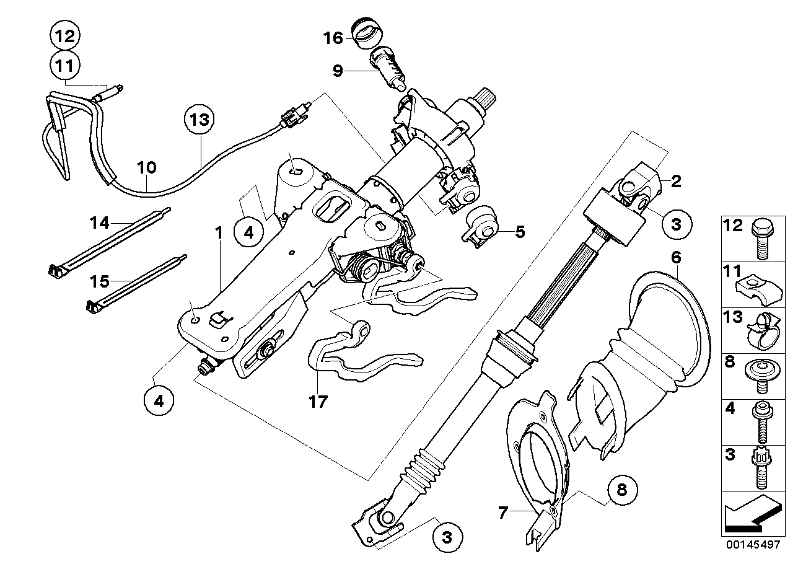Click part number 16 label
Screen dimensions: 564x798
[x=333, y=38]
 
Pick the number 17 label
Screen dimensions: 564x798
[x=320, y=401]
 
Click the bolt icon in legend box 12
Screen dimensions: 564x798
[x=760, y=239]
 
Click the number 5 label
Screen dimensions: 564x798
[x=520, y=232]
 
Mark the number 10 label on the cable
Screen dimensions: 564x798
[x=147, y=167]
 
